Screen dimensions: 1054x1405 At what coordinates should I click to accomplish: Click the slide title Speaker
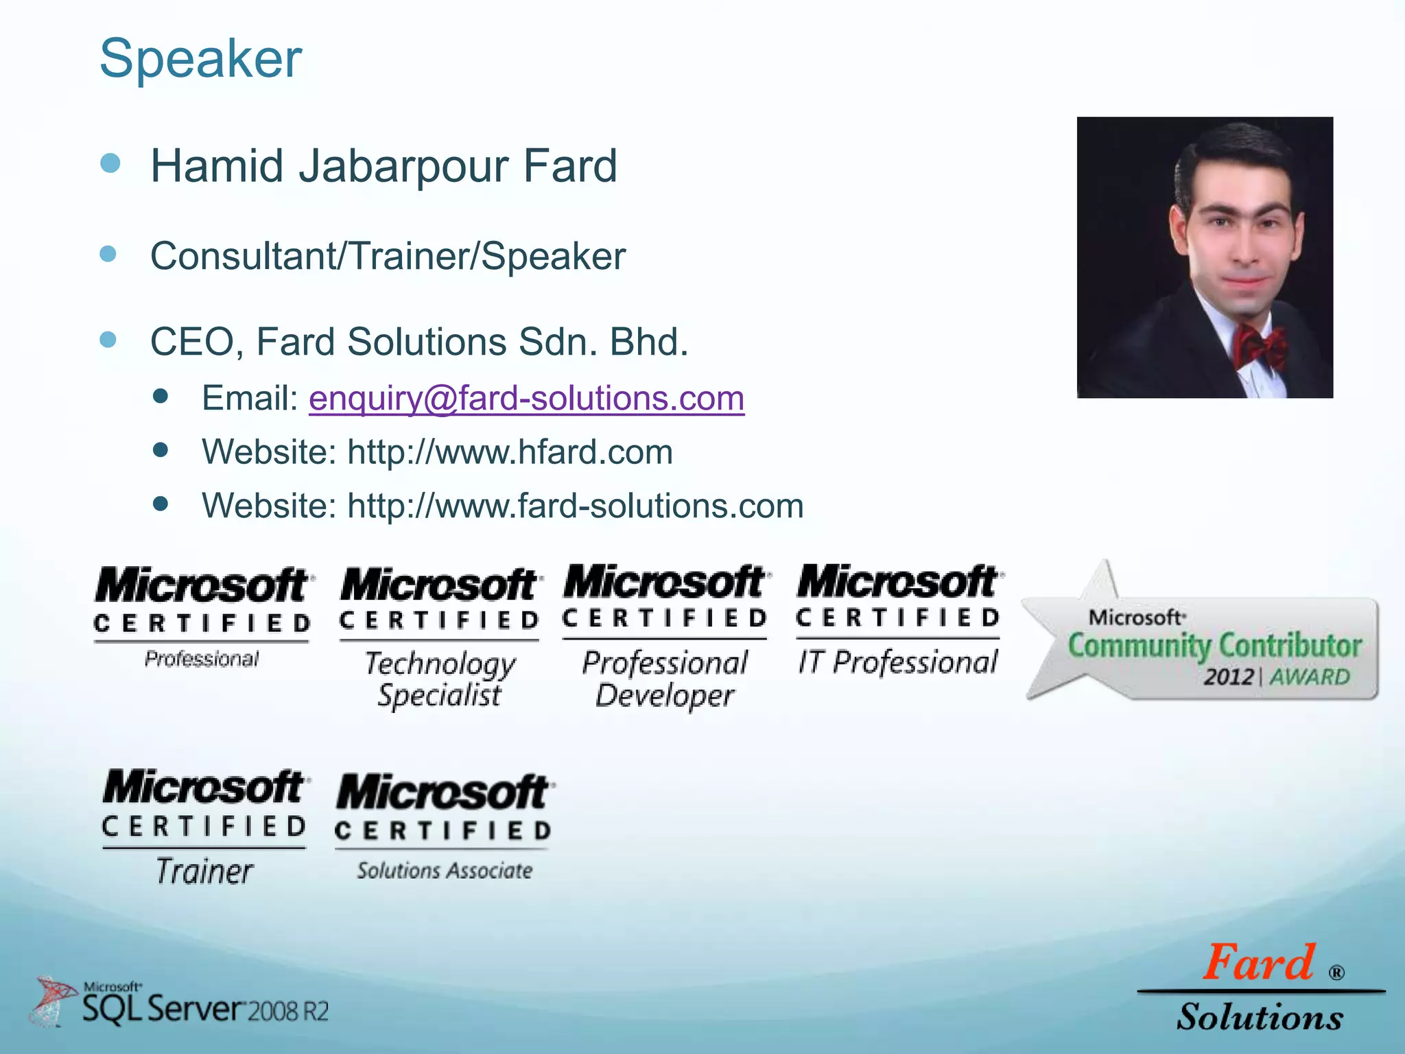point(200,58)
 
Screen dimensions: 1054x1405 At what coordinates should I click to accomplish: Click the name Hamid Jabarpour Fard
point(383,166)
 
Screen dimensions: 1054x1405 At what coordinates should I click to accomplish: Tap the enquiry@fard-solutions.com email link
point(526,398)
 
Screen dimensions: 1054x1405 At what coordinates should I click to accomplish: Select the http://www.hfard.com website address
point(510,452)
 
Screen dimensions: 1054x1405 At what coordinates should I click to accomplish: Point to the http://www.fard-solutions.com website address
point(575,506)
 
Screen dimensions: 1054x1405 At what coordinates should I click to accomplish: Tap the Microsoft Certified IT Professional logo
point(899,621)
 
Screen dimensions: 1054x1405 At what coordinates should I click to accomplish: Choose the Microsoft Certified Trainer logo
point(204,827)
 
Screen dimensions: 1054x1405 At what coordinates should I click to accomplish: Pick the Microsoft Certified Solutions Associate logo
point(444,827)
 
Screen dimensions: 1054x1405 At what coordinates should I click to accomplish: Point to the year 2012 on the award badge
point(1228,677)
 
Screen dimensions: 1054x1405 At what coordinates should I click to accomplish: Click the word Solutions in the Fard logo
point(1260,1017)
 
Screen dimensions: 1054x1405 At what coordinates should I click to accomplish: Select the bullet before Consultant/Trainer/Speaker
point(108,255)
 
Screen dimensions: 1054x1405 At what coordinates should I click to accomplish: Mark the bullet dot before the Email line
point(161,396)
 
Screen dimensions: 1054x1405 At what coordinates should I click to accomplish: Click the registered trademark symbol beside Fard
point(1336,972)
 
